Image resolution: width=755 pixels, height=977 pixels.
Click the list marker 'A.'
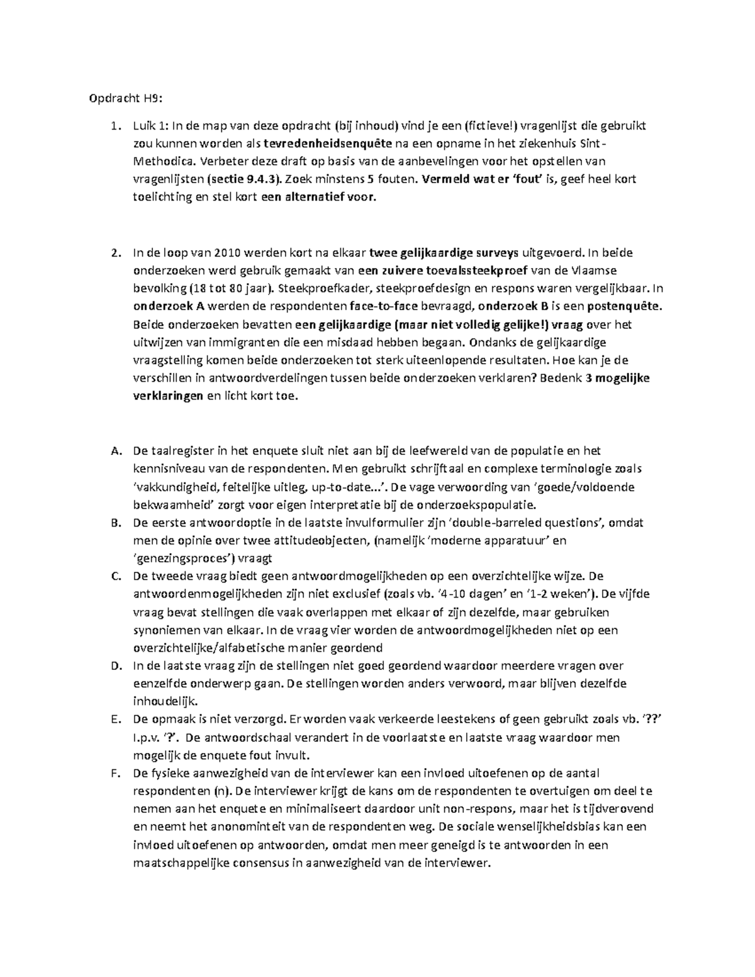click(x=115, y=450)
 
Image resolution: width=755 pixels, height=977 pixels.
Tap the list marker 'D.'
click(x=115, y=666)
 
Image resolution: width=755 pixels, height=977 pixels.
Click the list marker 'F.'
click(x=114, y=773)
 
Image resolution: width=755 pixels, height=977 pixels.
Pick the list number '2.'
click(x=115, y=253)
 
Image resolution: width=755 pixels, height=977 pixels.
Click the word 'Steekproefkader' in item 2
click(x=317, y=289)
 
